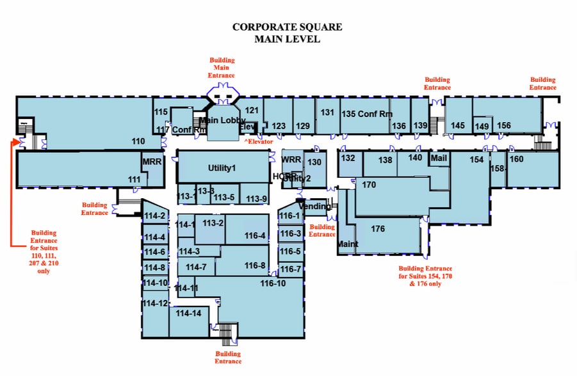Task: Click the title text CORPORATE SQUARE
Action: pos(287,27)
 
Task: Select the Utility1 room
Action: pos(222,168)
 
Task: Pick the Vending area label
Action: pos(315,207)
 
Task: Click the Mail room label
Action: pos(438,157)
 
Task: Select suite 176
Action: pos(377,229)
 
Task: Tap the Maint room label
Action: pos(347,244)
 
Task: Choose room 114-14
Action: pos(188,313)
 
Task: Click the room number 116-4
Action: pos(255,236)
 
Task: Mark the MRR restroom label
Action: pos(152,162)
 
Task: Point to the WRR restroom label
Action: pos(291,159)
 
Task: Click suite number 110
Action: pos(138,141)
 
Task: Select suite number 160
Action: pos(516,159)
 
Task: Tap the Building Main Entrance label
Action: pos(222,68)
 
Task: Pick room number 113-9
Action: pos(256,198)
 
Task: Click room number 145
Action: pos(457,125)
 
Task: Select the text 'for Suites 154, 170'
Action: pos(425,276)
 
